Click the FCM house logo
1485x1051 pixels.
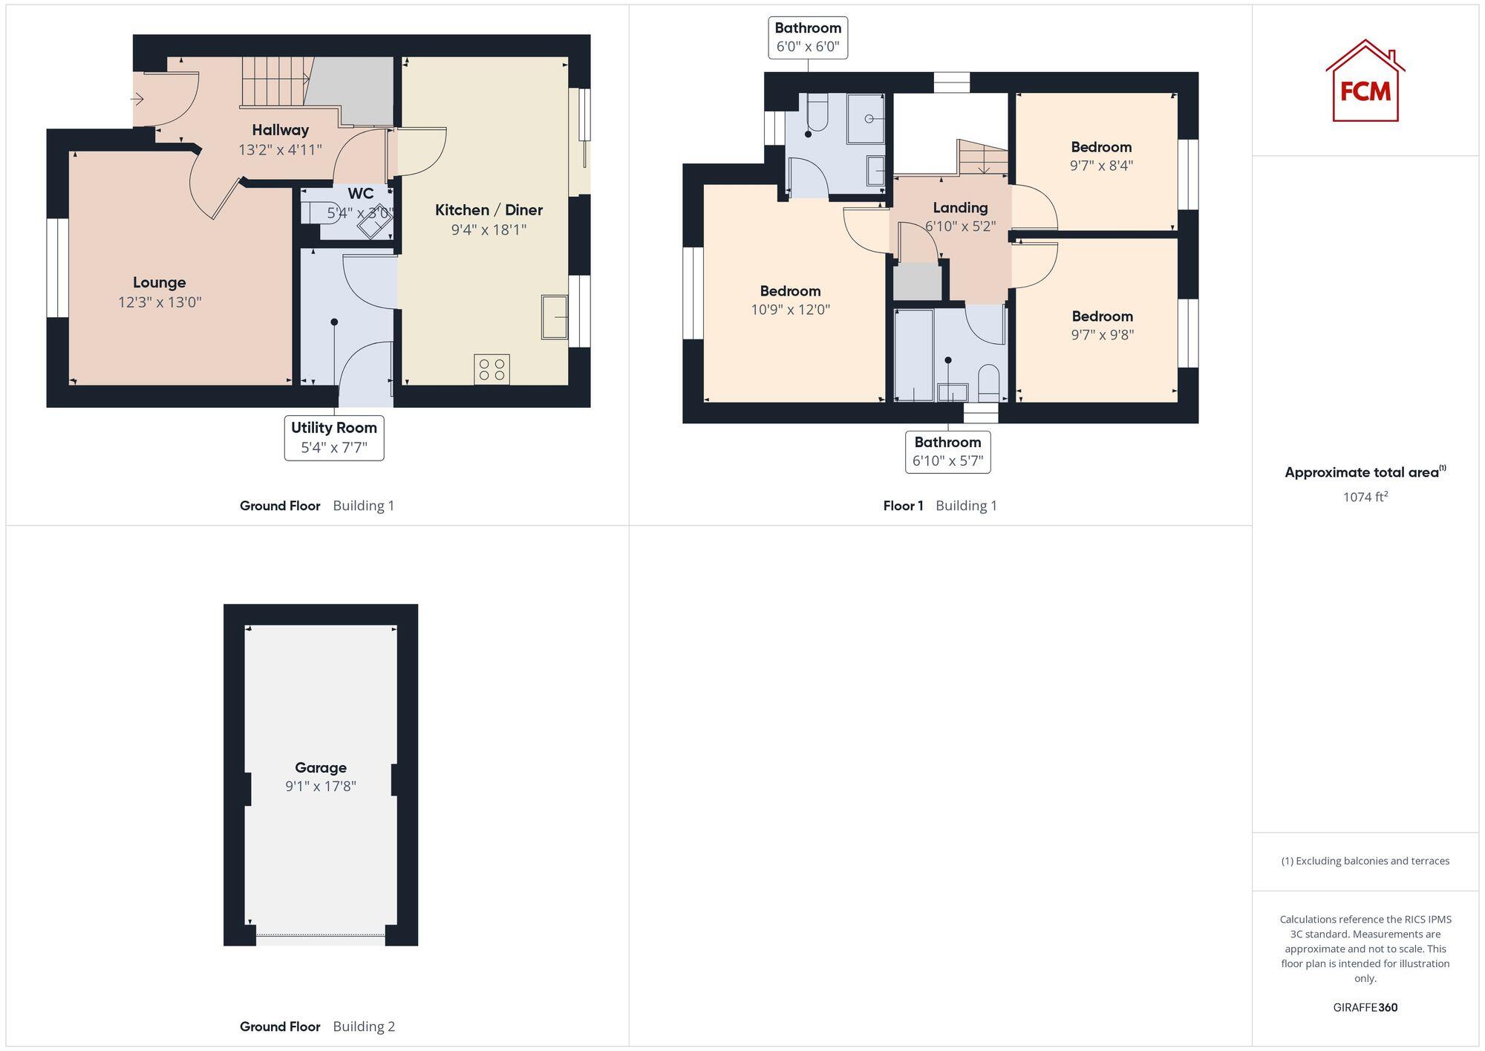(x=1365, y=82)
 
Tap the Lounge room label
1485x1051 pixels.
(x=160, y=282)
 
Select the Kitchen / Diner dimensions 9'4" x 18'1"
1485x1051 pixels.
(x=489, y=230)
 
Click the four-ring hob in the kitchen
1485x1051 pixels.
(x=492, y=369)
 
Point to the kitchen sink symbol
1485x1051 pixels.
(x=554, y=317)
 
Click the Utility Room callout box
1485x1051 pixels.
(x=334, y=437)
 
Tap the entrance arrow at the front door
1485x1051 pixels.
(x=137, y=99)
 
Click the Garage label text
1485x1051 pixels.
(x=321, y=767)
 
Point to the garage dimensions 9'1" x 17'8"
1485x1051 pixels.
(x=321, y=786)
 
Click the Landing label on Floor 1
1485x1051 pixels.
(x=960, y=208)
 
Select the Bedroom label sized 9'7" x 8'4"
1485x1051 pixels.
(x=1101, y=147)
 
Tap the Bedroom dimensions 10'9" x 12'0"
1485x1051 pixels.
(x=790, y=310)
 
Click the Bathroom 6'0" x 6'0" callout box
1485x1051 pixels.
(x=808, y=37)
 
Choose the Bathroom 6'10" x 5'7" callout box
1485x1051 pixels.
(x=947, y=452)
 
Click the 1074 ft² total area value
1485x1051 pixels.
(x=1365, y=497)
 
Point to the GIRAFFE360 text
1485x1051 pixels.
(x=1365, y=1007)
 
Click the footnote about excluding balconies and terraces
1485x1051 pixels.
(x=1365, y=861)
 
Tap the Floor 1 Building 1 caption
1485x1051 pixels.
(x=939, y=506)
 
